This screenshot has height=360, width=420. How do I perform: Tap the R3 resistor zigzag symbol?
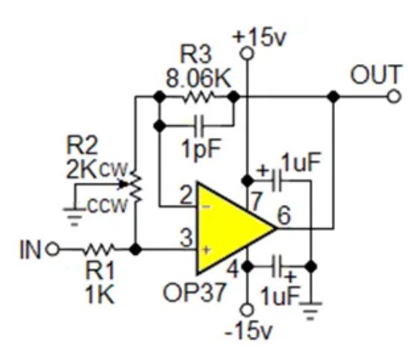tap(198, 97)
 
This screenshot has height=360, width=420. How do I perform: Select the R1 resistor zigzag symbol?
tap(100, 249)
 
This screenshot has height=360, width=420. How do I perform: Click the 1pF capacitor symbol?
tap(196, 123)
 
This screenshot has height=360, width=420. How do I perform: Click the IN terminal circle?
tap(51, 249)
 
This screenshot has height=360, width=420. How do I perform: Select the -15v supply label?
tap(246, 329)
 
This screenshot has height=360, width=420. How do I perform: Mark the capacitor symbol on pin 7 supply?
tap(277, 180)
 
